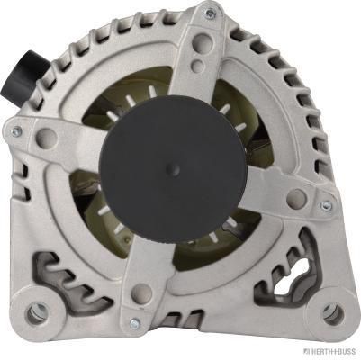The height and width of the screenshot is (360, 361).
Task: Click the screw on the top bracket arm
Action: click(209, 13)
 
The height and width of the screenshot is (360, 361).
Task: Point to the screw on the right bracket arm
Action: click(326, 206)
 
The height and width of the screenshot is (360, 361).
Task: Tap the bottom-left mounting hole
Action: click(37, 313)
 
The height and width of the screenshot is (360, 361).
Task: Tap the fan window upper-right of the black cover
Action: click(236, 112)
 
